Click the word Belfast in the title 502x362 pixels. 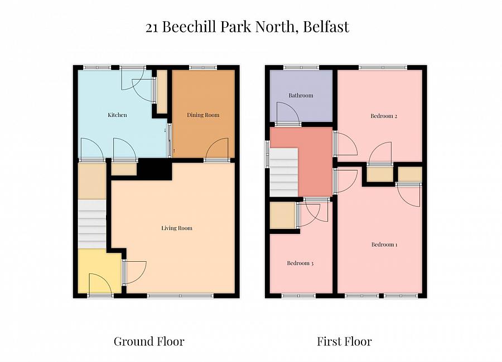point(328,27)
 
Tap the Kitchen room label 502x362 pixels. point(117,115)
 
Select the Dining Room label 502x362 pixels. point(202,115)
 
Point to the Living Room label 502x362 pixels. point(176,228)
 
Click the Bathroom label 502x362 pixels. point(301,96)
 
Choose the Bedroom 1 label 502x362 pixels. point(384,244)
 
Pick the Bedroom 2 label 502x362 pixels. point(384,116)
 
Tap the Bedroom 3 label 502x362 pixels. point(300,263)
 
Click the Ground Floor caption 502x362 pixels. point(148,341)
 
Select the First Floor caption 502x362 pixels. point(344,341)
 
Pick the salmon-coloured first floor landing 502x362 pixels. point(315,162)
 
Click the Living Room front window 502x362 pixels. point(180,295)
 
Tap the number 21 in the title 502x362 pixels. point(152,27)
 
